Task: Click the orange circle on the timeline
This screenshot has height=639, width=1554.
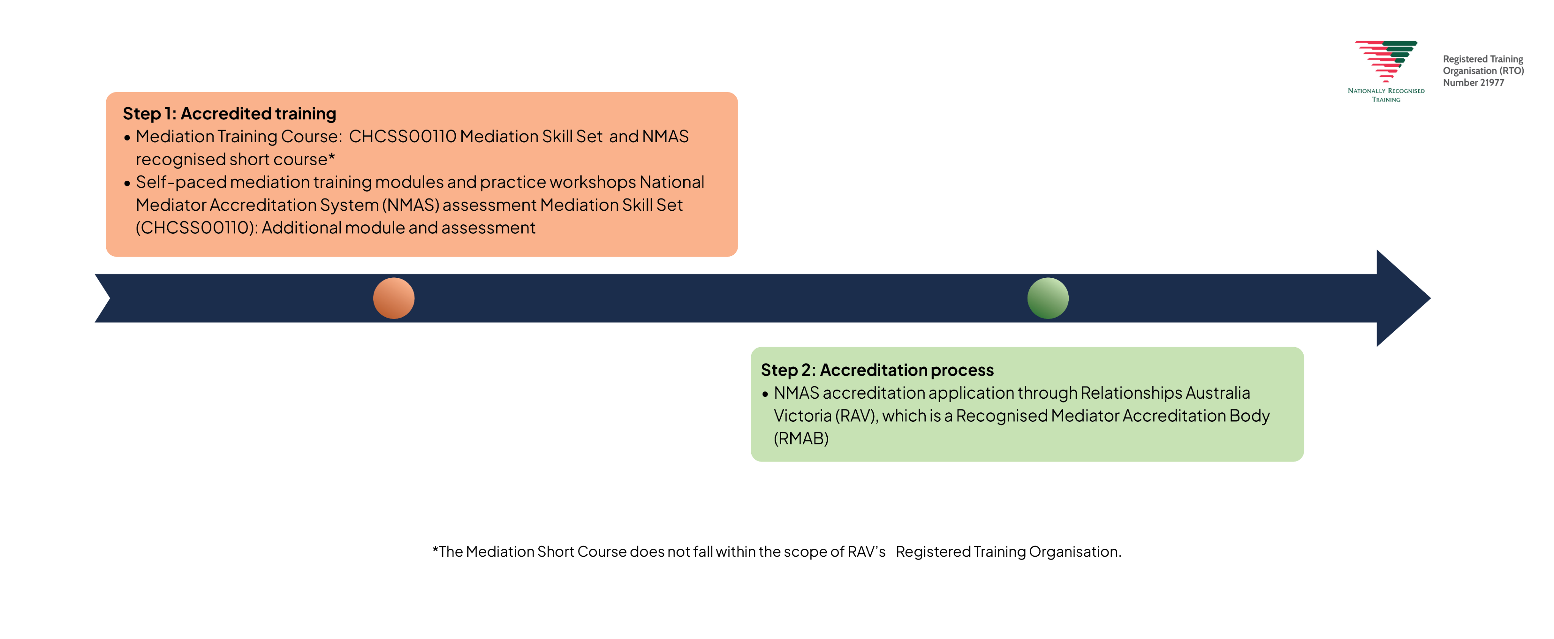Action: [x=393, y=298]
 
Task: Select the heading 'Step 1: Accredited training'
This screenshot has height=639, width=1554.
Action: [x=229, y=113]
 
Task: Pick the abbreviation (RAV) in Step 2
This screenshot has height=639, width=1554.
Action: [x=856, y=416]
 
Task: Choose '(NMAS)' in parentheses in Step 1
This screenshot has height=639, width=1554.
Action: [x=410, y=205]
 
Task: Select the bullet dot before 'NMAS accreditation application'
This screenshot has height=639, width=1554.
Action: [x=765, y=394]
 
